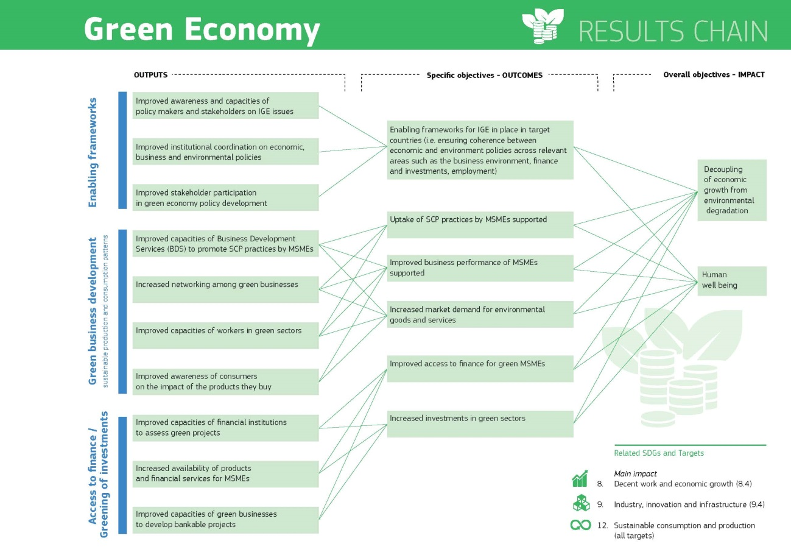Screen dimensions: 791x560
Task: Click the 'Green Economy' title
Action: [x=202, y=30]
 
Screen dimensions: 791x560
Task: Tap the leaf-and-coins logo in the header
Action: [x=543, y=26]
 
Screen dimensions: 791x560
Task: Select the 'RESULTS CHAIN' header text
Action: [x=673, y=31]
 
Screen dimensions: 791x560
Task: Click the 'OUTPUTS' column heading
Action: [x=150, y=75]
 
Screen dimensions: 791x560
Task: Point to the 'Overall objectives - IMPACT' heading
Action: [x=714, y=74]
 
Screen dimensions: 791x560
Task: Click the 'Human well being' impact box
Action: [x=732, y=281]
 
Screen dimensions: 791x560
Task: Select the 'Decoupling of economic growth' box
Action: [x=732, y=190]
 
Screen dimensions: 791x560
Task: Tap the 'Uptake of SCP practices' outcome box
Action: [x=480, y=225]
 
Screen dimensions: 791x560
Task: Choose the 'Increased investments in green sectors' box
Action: [x=480, y=424]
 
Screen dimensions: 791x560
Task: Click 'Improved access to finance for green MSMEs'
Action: [x=480, y=369]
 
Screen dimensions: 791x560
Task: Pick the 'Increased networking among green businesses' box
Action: [x=226, y=289]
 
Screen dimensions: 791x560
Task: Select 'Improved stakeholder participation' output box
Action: [x=226, y=197]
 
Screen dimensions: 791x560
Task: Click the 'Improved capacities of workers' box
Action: [x=226, y=336]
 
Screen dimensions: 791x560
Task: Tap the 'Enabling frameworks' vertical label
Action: [x=92, y=152]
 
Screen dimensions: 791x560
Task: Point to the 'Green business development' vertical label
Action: [x=92, y=311]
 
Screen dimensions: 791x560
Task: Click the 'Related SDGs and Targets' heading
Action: [x=659, y=453]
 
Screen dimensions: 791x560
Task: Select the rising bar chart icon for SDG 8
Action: [x=580, y=478]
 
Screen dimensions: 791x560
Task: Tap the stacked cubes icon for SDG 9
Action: [x=581, y=503]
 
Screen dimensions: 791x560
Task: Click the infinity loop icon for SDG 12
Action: [x=580, y=525]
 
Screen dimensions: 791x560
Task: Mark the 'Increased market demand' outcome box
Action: [x=480, y=314]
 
